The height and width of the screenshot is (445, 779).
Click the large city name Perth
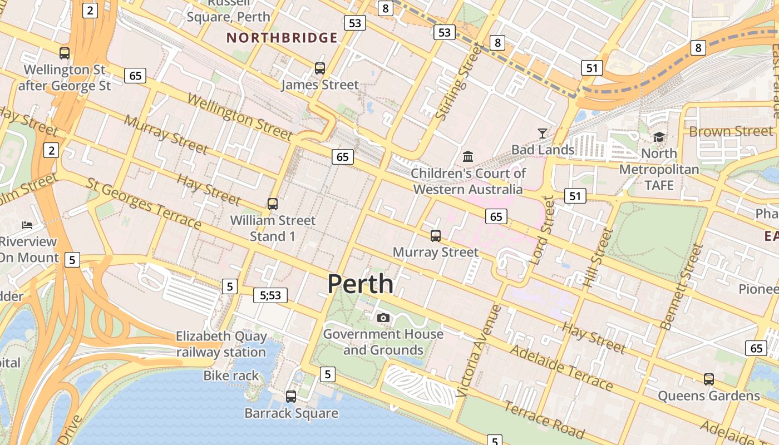point(360,284)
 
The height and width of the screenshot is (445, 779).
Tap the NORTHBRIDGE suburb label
point(282,38)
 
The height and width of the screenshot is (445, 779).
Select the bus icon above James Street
point(319,68)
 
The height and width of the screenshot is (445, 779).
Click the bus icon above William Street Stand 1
point(272,204)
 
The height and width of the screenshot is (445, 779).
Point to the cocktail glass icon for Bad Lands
point(542,133)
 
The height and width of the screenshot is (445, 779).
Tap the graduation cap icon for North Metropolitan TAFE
point(659,136)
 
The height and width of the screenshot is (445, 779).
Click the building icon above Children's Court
point(467,156)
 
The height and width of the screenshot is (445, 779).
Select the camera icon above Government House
point(383,318)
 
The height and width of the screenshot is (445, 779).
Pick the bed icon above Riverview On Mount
point(27,225)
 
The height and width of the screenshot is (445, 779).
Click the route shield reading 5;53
point(270,295)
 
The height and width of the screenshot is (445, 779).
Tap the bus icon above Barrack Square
point(290,397)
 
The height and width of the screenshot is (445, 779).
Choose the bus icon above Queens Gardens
point(708,379)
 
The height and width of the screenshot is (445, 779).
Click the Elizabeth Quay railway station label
point(221,344)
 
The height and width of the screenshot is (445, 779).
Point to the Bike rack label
point(231,376)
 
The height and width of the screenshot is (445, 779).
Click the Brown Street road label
point(731,131)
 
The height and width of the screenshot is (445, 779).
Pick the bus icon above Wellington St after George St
point(65,53)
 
